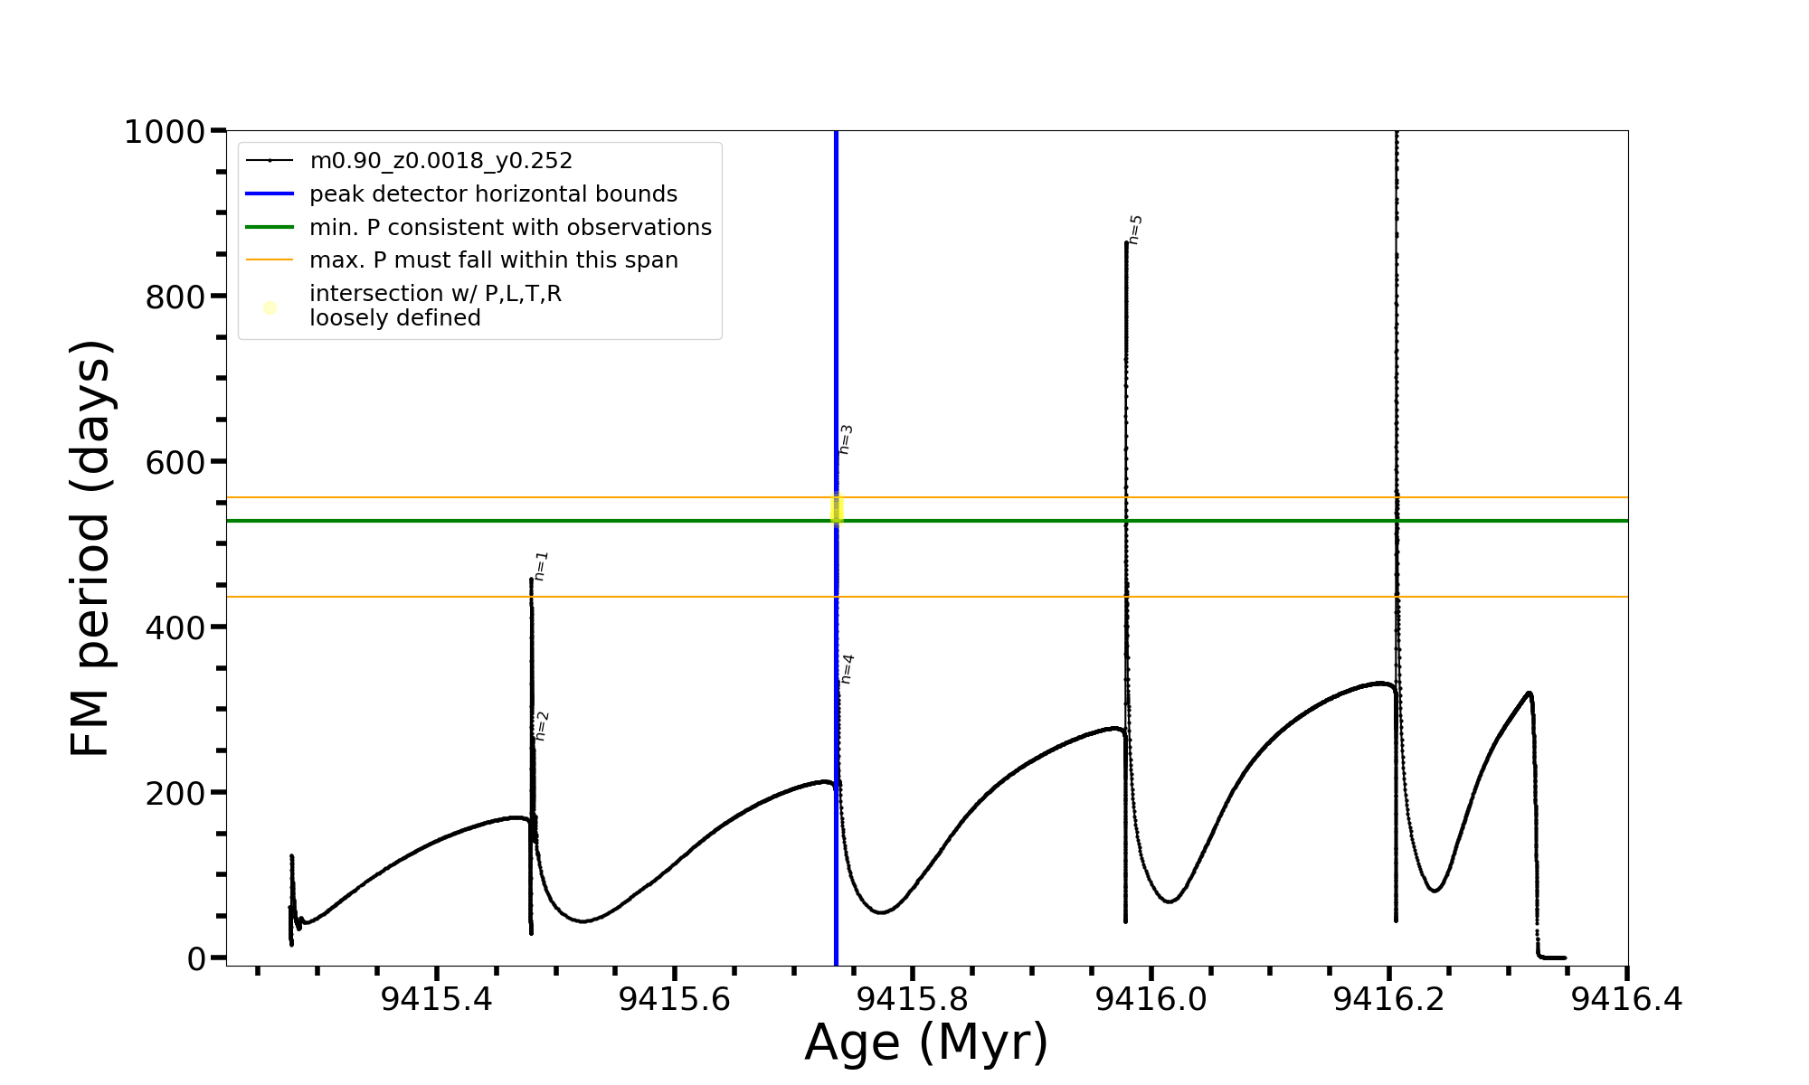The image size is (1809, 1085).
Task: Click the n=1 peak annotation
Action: (541, 566)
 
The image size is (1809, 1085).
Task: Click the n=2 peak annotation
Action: (542, 726)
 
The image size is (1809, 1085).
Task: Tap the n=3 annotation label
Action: (846, 439)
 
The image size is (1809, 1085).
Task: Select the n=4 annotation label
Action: (847, 669)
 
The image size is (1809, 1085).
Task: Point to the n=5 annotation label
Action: (1135, 230)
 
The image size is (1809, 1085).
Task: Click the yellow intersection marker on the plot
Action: (837, 509)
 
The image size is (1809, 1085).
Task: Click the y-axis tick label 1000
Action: (164, 132)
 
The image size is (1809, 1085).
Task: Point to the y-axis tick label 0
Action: (196, 958)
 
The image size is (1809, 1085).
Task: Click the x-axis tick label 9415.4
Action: (436, 1000)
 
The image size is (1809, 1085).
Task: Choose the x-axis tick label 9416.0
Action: (1151, 1000)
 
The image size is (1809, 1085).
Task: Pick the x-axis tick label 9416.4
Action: (1626, 1000)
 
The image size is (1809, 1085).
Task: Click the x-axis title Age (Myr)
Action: (926, 1043)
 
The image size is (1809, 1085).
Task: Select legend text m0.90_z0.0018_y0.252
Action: (440, 161)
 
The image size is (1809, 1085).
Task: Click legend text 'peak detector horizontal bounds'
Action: (493, 194)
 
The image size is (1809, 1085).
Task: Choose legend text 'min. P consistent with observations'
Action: (510, 228)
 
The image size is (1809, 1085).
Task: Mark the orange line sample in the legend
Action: (270, 260)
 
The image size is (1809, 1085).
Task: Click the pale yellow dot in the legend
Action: (270, 308)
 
